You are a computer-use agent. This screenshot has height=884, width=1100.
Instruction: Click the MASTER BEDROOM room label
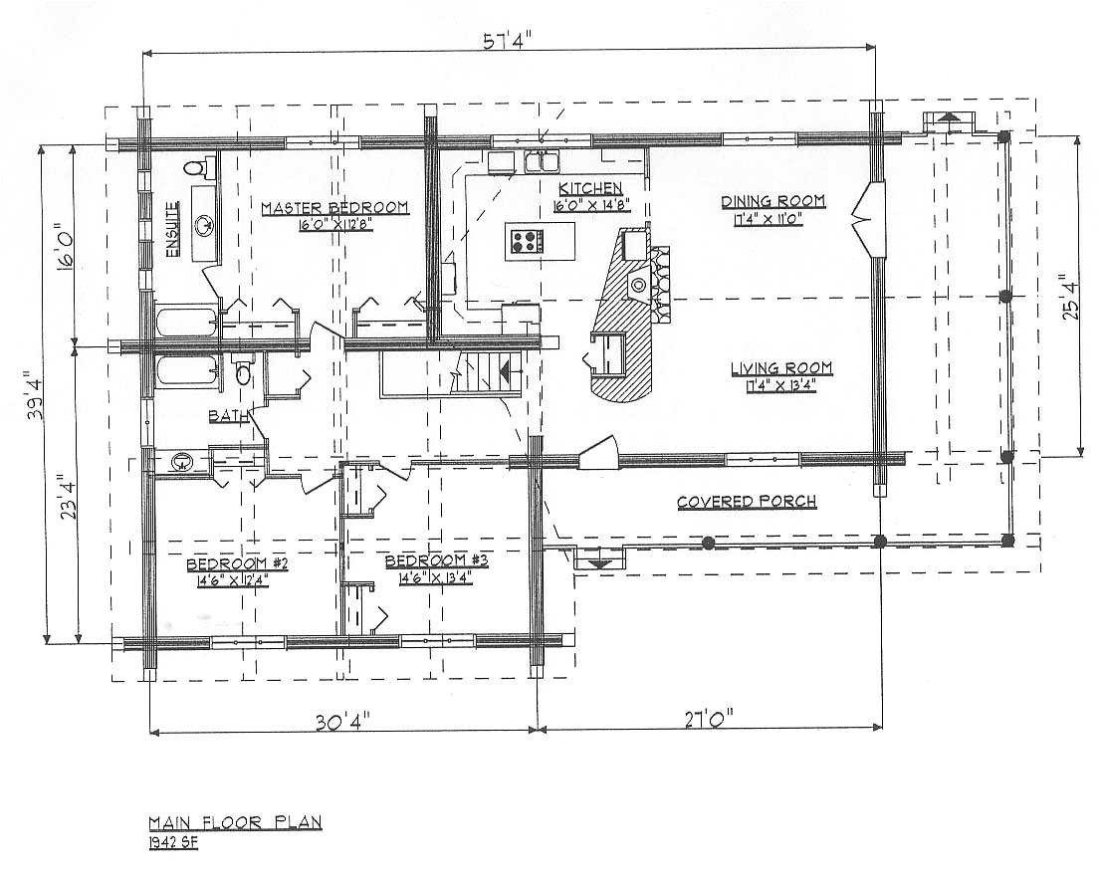(x=334, y=207)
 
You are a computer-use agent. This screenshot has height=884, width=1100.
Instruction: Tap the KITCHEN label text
(x=590, y=189)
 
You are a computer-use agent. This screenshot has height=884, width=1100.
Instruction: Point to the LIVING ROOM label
(x=781, y=369)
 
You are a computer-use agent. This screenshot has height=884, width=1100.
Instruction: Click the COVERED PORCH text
(x=747, y=502)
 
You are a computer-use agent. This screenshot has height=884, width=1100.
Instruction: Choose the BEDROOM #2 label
(x=237, y=565)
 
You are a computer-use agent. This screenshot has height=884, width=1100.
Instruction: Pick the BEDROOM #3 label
(x=436, y=561)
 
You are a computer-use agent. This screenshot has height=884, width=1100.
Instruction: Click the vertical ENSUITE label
(x=172, y=230)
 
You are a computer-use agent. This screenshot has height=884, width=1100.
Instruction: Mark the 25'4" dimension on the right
(x=1069, y=297)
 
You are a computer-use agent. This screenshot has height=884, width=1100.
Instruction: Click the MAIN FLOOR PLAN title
(x=235, y=823)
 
